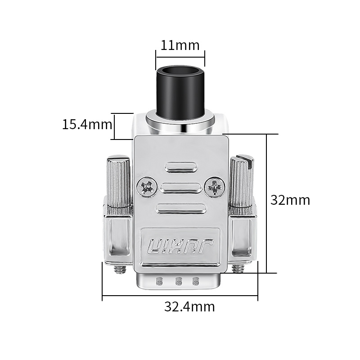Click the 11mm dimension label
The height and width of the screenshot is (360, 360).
180,45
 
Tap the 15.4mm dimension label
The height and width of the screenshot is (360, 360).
87,124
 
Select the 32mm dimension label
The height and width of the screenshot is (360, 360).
290,200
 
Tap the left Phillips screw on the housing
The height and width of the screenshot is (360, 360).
147,186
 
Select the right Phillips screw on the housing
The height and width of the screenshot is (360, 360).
214,186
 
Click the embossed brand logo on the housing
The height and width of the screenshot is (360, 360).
180,247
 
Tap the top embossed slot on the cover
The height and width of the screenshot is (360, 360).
180,167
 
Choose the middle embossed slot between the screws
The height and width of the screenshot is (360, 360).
180,188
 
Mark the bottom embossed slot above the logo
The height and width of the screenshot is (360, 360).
180,208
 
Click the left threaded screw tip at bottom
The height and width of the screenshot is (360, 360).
120,269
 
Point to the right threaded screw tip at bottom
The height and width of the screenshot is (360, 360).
238,269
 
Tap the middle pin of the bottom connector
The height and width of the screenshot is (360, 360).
178,282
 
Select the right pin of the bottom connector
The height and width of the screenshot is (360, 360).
195,282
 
